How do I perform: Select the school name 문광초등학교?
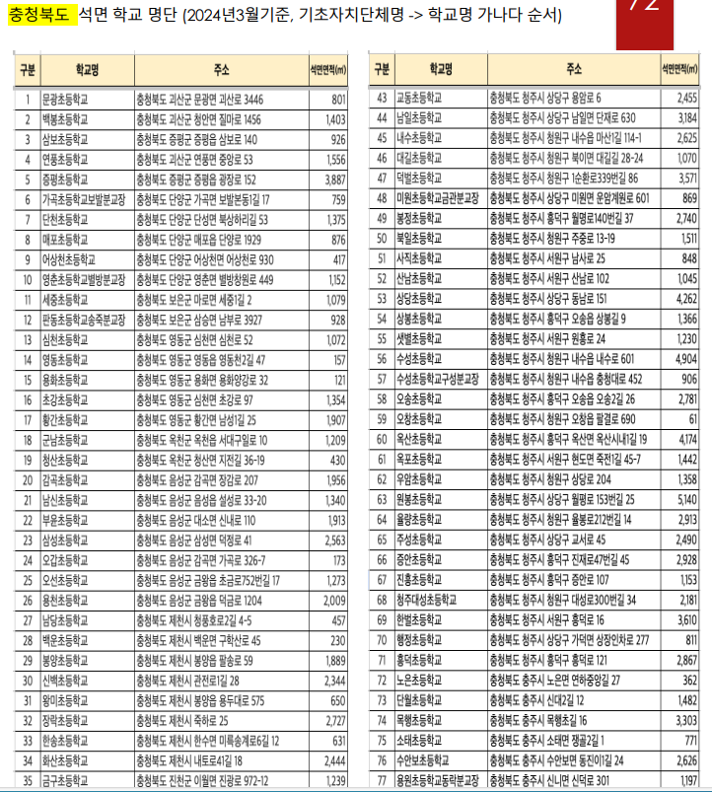pyautogui.click(x=64, y=100)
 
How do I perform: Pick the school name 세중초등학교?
pyautogui.click(x=64, y=300)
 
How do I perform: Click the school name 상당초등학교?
pyautogui.click(x=417, y=299)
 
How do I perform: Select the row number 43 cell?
pyautogui.click(x=381, y=99)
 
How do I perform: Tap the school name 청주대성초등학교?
pyautogui.click(x=425, y=600)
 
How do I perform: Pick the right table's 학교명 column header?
pyautogui.click(x=440, y=70)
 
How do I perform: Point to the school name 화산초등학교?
pyautogui.click(x=64, y=760)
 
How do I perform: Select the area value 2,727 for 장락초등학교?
pyautogui.click(x=334, y=720)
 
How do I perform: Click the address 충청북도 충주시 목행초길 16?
pyautogui.click(x=539, y=720)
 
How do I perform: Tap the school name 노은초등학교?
pyautogui.click(x=417, y=680)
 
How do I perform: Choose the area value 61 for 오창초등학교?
pyautogui.click(x=691, y=419)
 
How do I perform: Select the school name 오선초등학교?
pyautogui.click(x=64, y=580)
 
